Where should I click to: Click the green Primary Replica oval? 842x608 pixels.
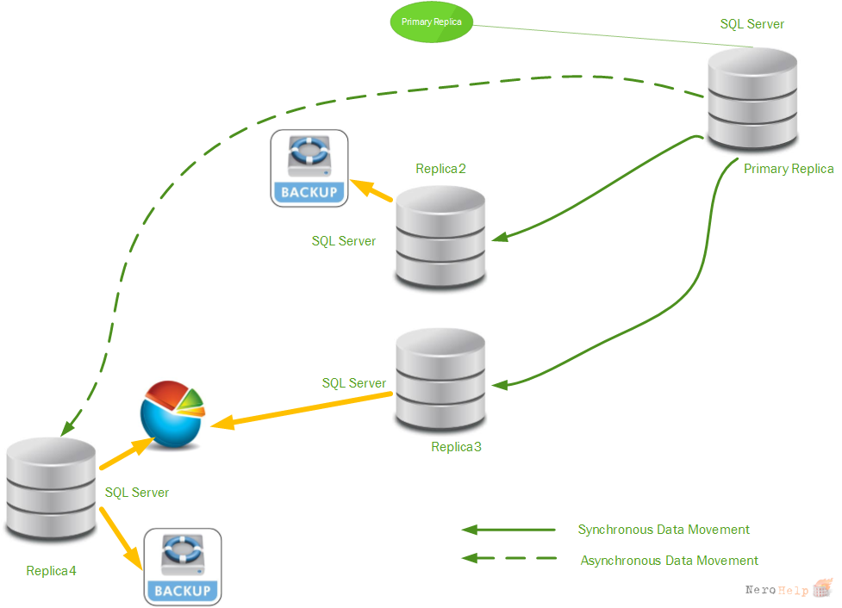(x=431, y=22)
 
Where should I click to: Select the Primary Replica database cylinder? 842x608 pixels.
(x=752, y=98)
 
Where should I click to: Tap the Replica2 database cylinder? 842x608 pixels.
(x=440, y=236)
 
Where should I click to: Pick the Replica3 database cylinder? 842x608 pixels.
(x=440, y=379)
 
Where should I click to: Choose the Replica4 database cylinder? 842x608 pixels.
(x=51, y=487)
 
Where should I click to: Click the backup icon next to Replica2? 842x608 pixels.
(x=309, y=169)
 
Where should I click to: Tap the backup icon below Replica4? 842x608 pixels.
(x=183, y=568)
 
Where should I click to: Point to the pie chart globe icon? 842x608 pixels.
(x=172, y=414)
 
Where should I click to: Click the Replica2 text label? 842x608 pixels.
(x=440, y=169)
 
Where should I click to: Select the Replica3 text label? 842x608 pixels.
(x=456, y=447)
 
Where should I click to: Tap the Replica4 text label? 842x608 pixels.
(x=51, y=571)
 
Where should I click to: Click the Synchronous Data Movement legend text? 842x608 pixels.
(x=664, y=530)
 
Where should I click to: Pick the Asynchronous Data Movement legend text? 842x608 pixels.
(x=669, y=561)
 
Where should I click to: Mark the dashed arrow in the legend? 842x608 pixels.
(x=509, y=558)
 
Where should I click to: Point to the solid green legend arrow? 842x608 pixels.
(x=508, y=530)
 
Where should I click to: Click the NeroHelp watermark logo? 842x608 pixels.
(x=789, y=589)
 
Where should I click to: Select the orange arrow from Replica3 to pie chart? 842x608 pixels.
(x=302, y=411)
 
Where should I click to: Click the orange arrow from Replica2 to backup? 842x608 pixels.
(x=371, y=190)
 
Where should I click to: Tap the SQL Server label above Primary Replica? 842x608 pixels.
(x=752, y=24)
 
